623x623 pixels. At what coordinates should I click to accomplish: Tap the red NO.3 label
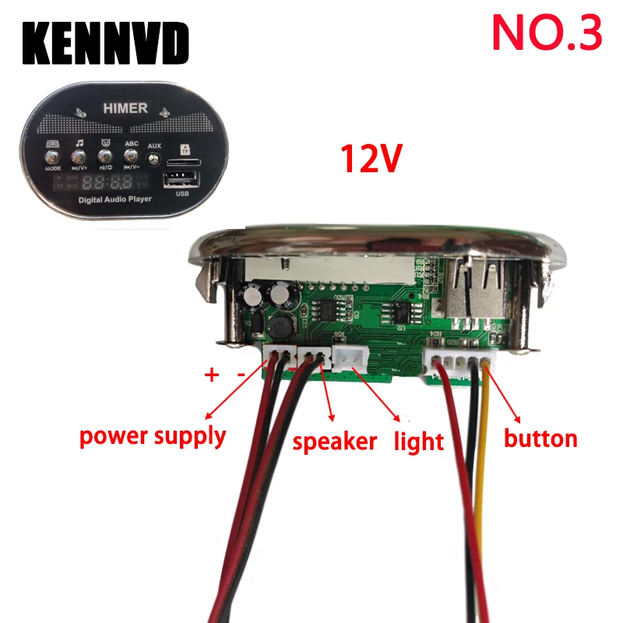pyautogui.click(x=547, y=32)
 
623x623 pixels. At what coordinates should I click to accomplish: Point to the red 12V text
pyautogui.click(x=371, y=157)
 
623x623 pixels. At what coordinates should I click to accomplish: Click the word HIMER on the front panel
pyautogui.click(x=124, y=108)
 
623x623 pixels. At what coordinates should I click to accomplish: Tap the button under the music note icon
pyautogui.click(x=79, y=158)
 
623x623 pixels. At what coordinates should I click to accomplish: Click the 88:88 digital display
pyautogui.click(x=107, y=184)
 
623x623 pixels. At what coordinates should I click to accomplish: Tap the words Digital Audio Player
pyautogui.click(x=114, y=200)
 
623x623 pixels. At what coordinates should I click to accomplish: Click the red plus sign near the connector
pyautogui.click(x=211, y=375)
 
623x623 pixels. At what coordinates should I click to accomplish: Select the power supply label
pyautogui.click(x=153, y=436)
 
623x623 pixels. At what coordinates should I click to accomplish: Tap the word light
pyautogui.click(x=418, y=442)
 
